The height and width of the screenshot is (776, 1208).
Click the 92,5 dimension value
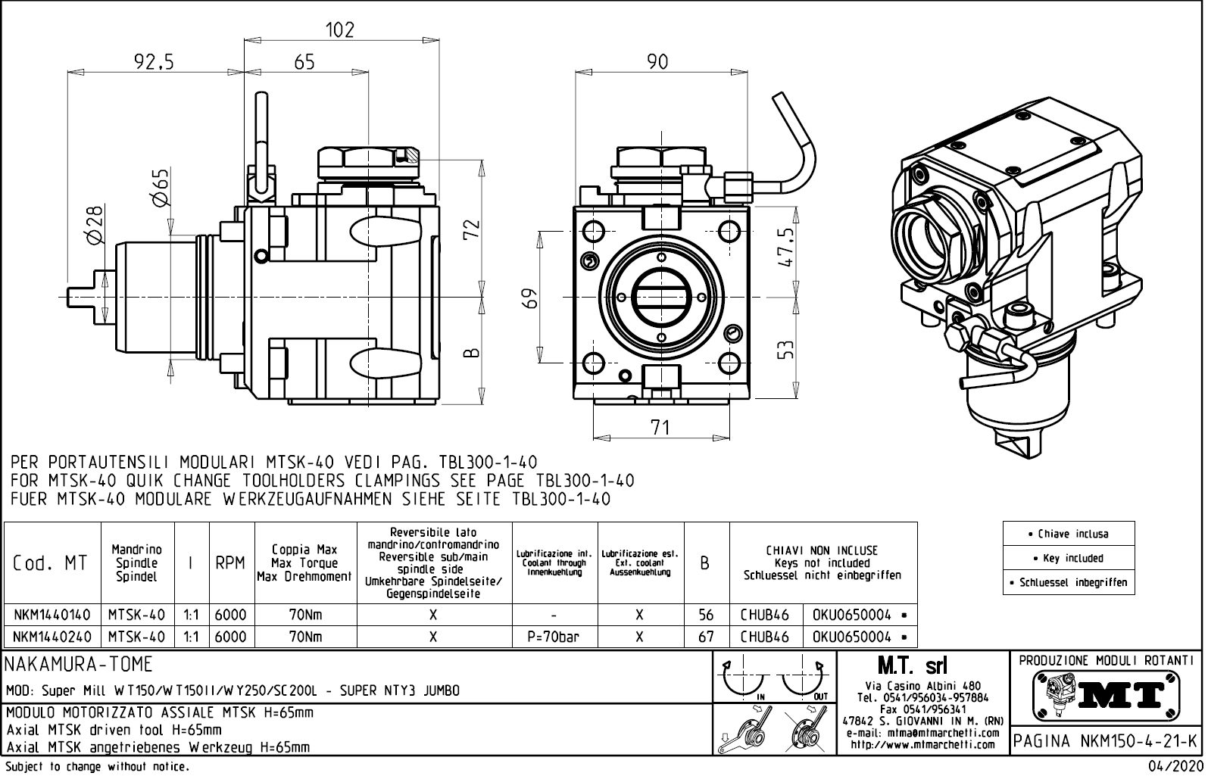coord(154,62)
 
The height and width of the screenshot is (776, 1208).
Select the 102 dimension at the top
coord(339,30)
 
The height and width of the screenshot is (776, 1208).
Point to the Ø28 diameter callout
coord(94,225)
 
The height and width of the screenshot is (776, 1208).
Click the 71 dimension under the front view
coord(660,428)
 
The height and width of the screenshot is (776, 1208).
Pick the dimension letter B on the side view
coord(470,353)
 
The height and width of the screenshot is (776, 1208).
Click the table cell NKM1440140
coord(52,615)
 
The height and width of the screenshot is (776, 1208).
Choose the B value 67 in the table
coord(706,637)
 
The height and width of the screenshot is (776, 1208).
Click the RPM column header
coord(230,563)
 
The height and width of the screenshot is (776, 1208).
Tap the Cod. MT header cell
coord(51,563)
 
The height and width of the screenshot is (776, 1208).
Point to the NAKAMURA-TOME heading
coord(80,665)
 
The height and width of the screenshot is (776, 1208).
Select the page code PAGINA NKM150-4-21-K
coord(1107,741)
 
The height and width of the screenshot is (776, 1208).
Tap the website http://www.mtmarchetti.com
coord(922,744)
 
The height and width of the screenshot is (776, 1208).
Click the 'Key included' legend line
coord(1068,558)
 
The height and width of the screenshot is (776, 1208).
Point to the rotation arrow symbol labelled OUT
coord(804,679)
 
